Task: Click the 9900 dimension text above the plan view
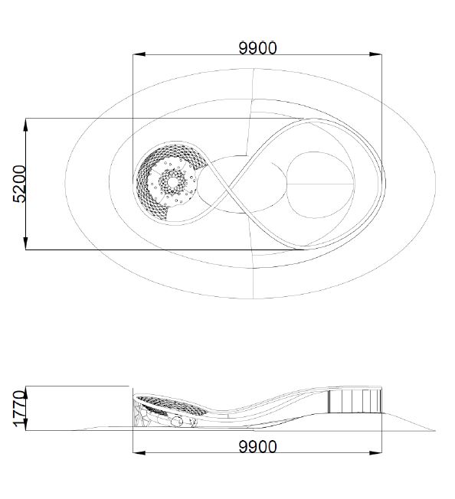pos(257,48)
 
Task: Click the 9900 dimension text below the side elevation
pos(257,447)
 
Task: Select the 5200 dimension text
pos(19,184)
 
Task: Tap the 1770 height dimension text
pos(19,408)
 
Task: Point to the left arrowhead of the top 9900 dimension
pos(139,54)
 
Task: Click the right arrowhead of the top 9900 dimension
pos(375,54)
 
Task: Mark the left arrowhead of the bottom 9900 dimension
pos(139,452)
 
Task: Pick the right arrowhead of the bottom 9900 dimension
pos(375,452)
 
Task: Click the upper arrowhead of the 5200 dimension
pos(25,125)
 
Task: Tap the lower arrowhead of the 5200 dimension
pos(25,243)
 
